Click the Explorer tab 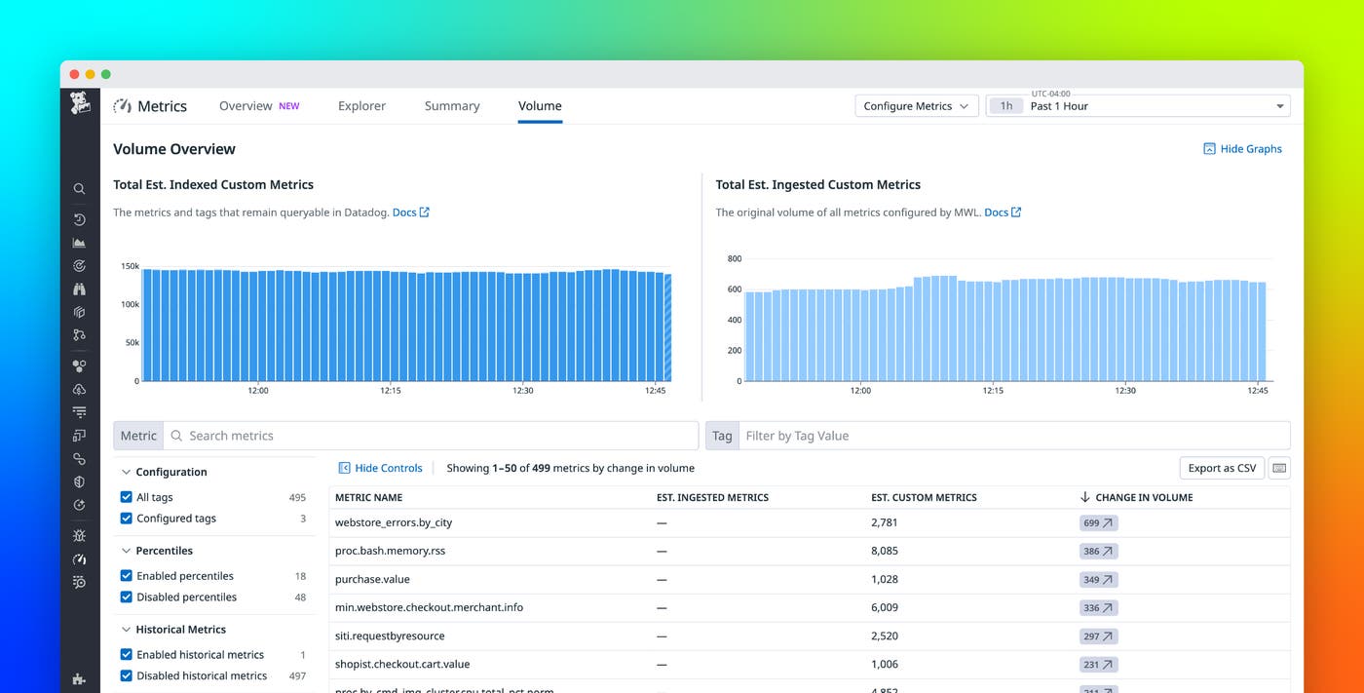coord(361,106)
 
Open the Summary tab coord(452,106)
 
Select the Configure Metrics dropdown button coord(916,106)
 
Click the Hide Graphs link coord(1242,149)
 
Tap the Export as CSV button coord(1222,468)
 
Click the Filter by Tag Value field coord(1013,436)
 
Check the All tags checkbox coord(127,497)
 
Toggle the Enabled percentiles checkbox coord(127,576)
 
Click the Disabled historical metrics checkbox coord(127,675)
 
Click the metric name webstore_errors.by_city coord(394,522)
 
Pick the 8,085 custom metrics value coord(885,551)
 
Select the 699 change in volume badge coord(1098,523)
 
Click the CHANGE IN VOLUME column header coord(1143,497)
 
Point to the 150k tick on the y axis coord(130,266)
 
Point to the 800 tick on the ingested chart coord(734,259)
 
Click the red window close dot coord(75,74)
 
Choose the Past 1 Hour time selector coord(1140,106)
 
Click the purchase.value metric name coord(372,579)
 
